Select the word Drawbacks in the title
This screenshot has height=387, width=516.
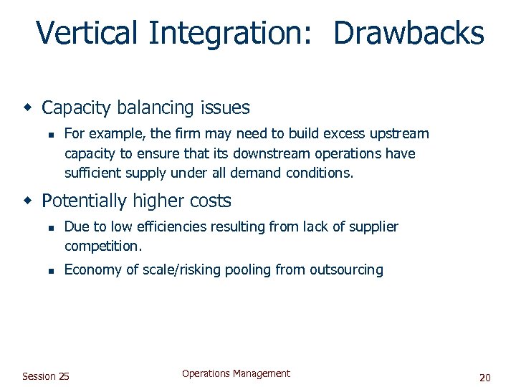(408, 33)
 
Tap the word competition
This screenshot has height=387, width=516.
(102, 246)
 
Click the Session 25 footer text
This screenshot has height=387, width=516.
(46, 376)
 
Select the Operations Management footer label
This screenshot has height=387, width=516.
(236, 373)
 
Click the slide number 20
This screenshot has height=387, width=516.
(484, 377)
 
